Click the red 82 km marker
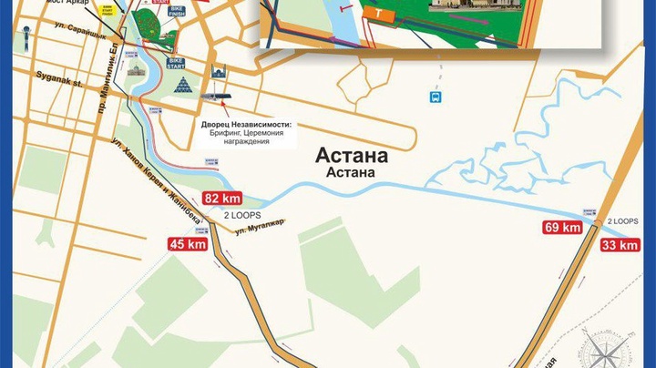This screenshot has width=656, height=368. coord(223,198)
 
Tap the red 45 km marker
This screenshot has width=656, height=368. coord(188,243)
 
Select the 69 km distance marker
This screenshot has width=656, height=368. coord(563,228)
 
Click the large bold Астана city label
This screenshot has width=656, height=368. coord(349,154)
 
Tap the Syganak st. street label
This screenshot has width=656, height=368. coord(58,79)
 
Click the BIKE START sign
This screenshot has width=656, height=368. coord(177,63)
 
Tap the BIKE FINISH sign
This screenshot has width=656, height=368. coord(176,36)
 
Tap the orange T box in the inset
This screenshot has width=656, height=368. coord(377,13)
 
